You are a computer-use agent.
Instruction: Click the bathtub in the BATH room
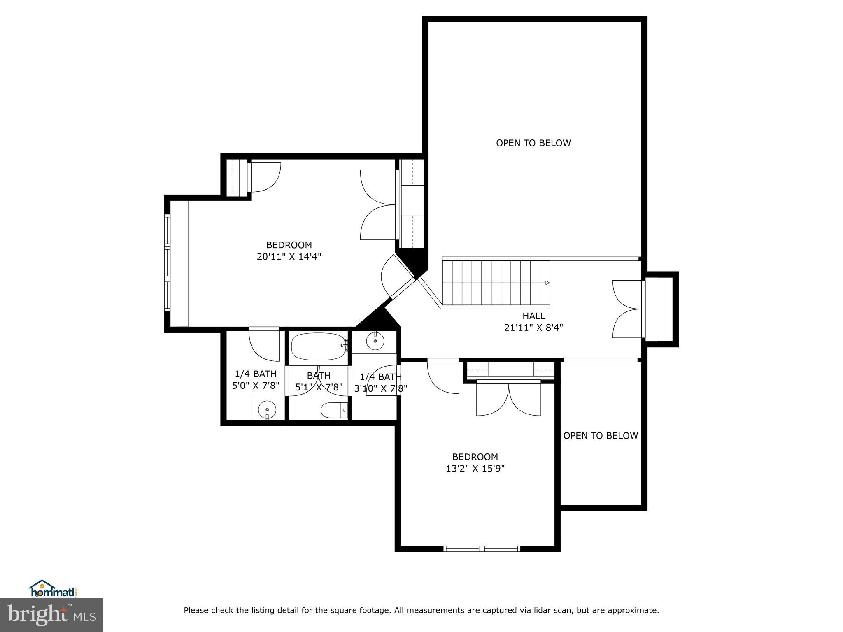click(x=318, y=347)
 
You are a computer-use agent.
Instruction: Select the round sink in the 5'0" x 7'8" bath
click(x=267, y=409)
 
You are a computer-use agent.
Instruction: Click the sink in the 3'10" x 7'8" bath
click(x=375, y=341)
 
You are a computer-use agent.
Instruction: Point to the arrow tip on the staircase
click(x=547, y=283)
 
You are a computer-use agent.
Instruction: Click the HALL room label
click(x=533, y=316)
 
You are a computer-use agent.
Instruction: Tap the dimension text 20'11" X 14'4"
click(x=289, y=257)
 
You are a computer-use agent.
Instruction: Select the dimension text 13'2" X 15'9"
click(x=475, y=468)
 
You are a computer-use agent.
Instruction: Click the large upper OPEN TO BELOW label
click(x=533, y=143)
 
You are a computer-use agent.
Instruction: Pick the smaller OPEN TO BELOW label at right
click(x=600, y=436)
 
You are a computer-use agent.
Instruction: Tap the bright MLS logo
click(x=51, y=615)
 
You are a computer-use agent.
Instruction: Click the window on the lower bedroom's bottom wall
click(x=482, y=548)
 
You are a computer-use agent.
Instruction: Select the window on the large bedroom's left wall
click(x=167, y=263)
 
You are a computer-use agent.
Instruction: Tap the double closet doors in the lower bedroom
click(x=508, y=399)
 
